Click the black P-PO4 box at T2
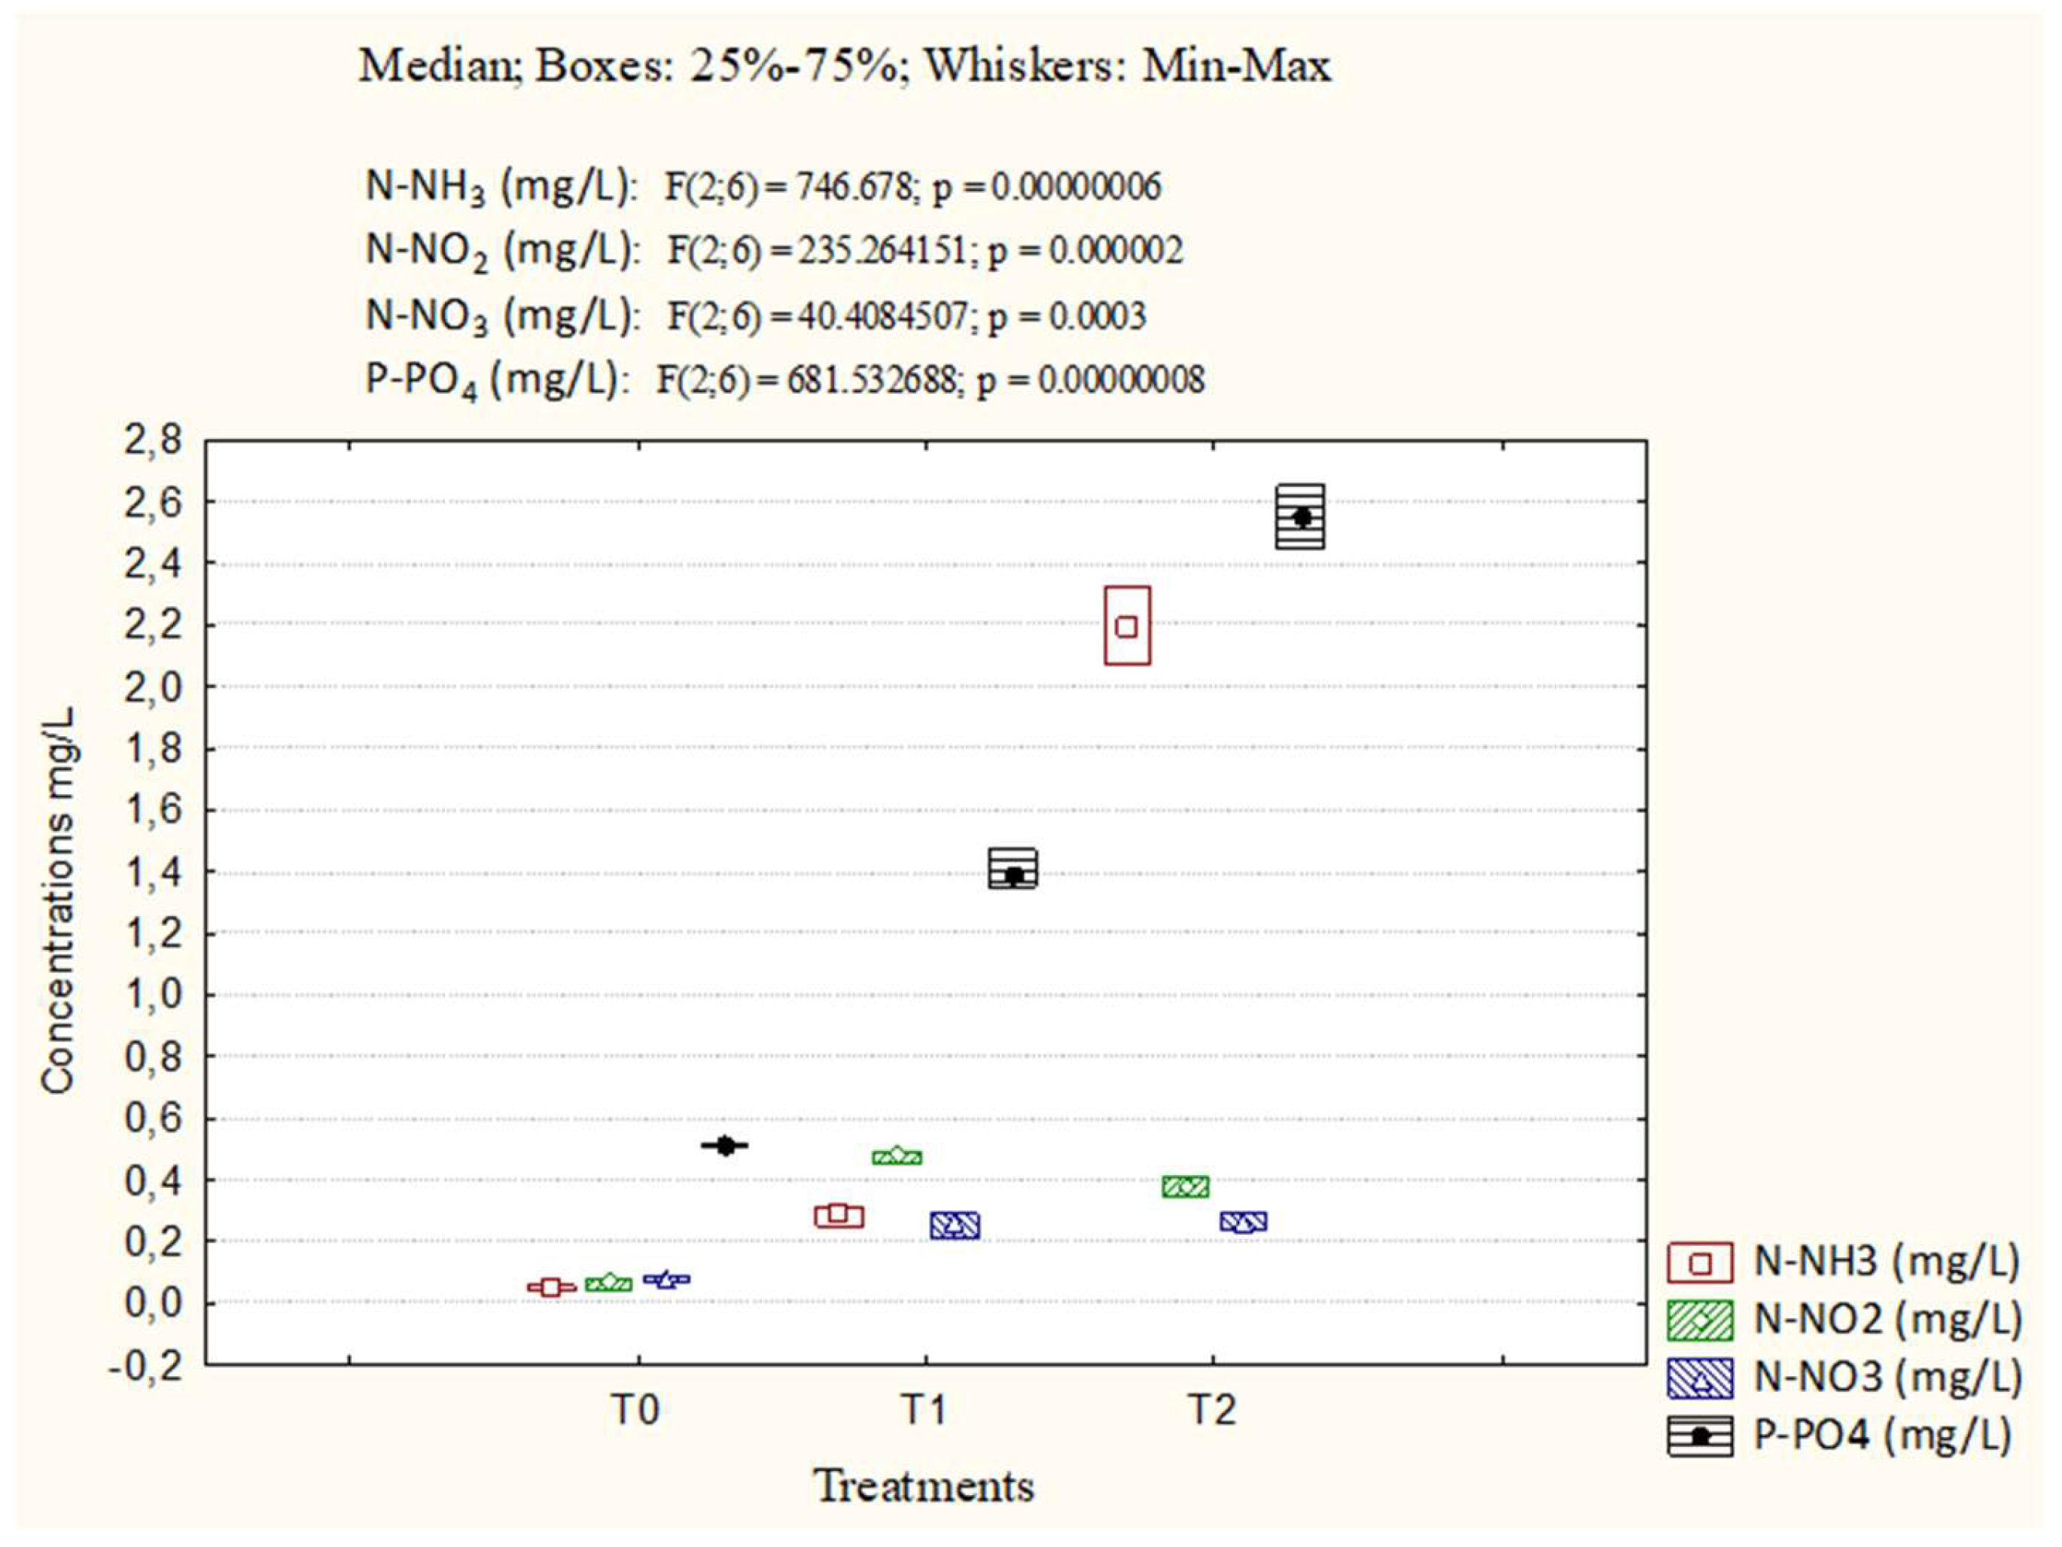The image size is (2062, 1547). [x=1300, y=516]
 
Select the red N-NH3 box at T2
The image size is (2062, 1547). [x=1127, y=626]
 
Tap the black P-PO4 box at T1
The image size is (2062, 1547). [x=1013, y=869]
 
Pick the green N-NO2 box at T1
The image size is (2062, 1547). [x=897, y=1156]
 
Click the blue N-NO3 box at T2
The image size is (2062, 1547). [x=1244, y=1222]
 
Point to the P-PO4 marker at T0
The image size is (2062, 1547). [x=725, y=1145]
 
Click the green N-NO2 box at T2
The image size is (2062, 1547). [x=1186, y=1186]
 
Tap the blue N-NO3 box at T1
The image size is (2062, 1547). [x=955, y=1226]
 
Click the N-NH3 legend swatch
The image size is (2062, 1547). [x=1701, y=1262]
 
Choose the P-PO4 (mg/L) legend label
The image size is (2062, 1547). [x=1882, y=1434]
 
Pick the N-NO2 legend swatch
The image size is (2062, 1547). [x=1701, y=1320]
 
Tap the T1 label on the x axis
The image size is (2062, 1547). [x=924, y=1411]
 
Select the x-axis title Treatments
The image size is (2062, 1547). [x=924, y=1485]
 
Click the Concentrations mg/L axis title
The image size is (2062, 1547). [x=58, y=900]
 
